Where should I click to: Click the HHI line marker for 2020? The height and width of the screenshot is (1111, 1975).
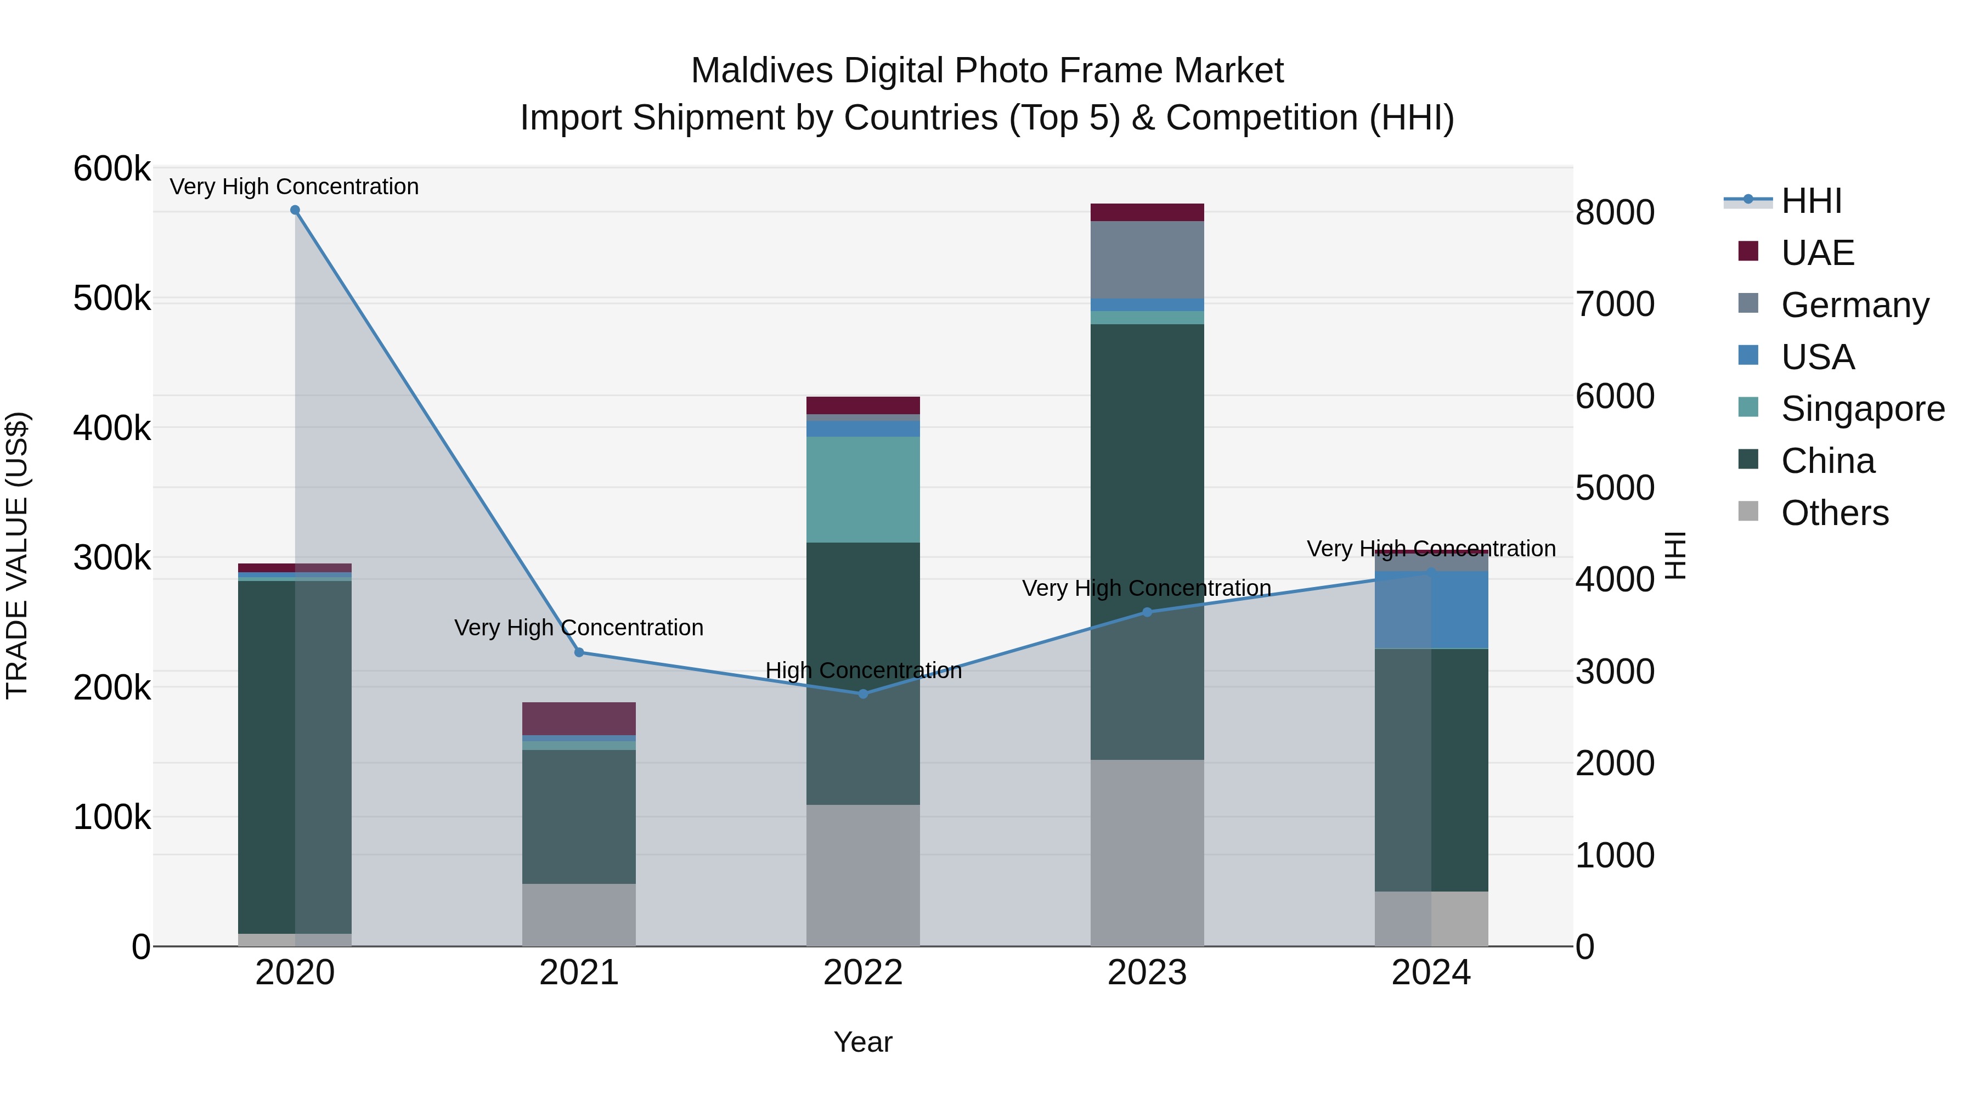[295, 210]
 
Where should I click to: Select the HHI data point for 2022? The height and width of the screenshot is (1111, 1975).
[862, 694]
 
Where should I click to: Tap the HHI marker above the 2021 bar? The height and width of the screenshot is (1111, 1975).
[579, 652]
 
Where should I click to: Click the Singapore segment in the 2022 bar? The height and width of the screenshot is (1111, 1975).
[862, 489]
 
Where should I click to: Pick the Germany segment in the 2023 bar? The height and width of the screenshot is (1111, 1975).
[1147, 259]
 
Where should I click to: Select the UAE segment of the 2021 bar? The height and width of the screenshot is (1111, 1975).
[579, 718]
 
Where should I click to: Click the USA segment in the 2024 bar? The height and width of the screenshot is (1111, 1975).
[1431, 610]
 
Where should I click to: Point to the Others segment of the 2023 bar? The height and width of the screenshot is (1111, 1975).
[1147, 853]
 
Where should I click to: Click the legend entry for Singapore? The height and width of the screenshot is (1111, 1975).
[1863, 409]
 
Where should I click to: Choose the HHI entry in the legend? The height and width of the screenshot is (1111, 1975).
[1811, 201]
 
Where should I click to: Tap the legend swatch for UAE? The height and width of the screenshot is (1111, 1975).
[1748, 251]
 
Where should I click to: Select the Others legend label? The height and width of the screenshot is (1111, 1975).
[1835, 513]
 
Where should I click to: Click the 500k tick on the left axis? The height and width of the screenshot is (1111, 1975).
[112, 298]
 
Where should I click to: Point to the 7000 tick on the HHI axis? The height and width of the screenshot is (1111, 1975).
[1615, 304]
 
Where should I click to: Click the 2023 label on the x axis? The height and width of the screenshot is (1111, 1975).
[1147, 973]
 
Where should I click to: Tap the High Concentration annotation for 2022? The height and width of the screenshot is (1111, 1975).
[862, 670]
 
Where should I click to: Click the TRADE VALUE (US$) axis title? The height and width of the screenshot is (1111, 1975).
[18, 556]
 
